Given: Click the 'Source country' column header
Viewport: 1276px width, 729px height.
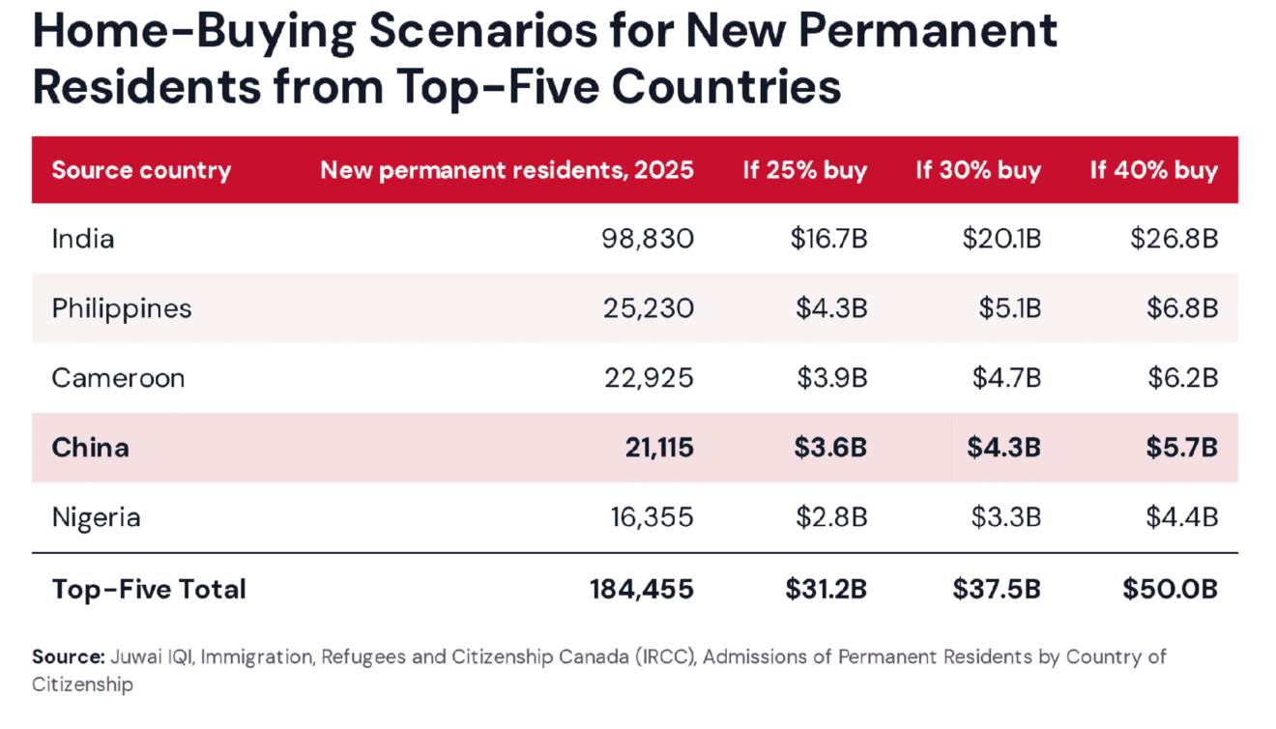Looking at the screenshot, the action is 141,171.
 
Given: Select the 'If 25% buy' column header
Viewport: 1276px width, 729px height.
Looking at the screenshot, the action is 805,171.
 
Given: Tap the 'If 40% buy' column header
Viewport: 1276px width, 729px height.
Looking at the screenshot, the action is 1154,171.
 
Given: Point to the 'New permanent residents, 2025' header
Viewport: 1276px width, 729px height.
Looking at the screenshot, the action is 507,170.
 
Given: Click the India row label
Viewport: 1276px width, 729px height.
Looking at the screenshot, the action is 83,239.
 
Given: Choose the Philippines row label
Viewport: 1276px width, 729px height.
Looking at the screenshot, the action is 122,309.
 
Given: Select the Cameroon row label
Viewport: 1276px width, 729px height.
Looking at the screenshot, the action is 119,378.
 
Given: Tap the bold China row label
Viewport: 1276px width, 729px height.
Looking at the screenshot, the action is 91,448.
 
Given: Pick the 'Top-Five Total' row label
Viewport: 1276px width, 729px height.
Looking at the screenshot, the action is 149,590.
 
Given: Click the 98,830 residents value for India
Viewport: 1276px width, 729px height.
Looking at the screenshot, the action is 649,239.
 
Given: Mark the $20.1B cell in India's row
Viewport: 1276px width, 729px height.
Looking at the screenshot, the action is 1002,239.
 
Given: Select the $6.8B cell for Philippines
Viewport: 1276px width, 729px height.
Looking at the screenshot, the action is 1182,308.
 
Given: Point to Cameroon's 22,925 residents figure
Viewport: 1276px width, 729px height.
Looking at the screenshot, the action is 650,378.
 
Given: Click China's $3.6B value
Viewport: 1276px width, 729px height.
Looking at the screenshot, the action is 831,448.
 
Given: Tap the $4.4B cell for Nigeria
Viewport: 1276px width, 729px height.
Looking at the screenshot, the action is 1182,517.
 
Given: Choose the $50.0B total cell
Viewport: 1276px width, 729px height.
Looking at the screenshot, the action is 1171,589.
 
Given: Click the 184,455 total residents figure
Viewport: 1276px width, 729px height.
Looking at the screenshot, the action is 642,590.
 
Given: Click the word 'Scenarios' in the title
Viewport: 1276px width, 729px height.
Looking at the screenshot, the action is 483,31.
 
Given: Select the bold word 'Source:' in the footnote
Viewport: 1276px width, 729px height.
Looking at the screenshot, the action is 69,657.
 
